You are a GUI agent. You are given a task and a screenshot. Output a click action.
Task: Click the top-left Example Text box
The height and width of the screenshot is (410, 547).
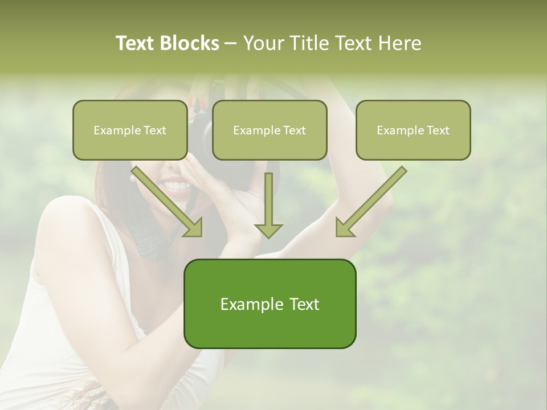130,130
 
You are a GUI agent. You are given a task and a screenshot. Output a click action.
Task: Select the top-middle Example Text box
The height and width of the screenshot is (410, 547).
270,130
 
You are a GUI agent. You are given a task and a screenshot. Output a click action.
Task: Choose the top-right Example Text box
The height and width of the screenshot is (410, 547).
413,130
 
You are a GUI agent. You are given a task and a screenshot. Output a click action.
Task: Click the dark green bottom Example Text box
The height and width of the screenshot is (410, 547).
270,304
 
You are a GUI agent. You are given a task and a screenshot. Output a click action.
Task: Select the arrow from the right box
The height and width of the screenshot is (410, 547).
370,202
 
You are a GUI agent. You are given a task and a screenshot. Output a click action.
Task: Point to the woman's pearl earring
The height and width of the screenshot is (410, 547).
133,178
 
